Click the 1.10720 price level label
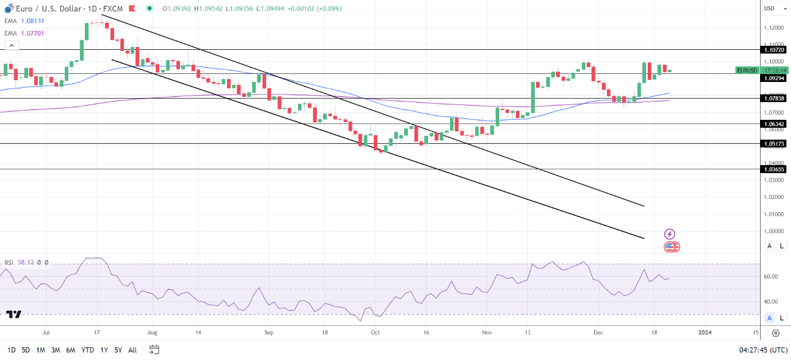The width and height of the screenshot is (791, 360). pyautogui.click(x=773, y=50)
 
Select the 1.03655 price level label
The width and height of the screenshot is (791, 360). pyautogui.click(x=773, y=169)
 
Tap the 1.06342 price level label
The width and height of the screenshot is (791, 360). pyautogui.click(x=773, y=124)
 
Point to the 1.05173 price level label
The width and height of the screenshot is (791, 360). pyautogui.click(x=773, y=144)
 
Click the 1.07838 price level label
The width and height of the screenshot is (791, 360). pyautogui.click(x=773, y=99)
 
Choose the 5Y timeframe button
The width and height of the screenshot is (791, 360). pyautogui.click(x=118, y=350)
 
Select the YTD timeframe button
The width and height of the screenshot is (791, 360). pyautogui.click(x=88, y=350)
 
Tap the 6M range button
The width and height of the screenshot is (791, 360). pyautogui.click(x=71, y=350)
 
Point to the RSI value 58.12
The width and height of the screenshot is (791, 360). pyautogui.click(x=25, y=263)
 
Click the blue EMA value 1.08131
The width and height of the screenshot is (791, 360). pyautogui.click(x=33, y=21)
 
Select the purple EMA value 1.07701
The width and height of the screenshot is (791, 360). pyautogui.click(x=33, y=33)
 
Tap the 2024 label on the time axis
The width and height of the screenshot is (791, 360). pyautogui.click(x=705, y=332)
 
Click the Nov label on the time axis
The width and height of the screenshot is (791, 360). pyautogui.click(x=487, y=332)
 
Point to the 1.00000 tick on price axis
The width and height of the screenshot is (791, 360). pyautogui.click(x=773, y=231)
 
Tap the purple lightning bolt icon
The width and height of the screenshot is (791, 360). pyautogui.click(x=669, y=234)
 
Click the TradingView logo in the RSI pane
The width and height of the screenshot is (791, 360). pyautogui.click(x=14, y=314)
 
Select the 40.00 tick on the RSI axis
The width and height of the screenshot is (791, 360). pyautogui.click(x=771, y=302)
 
